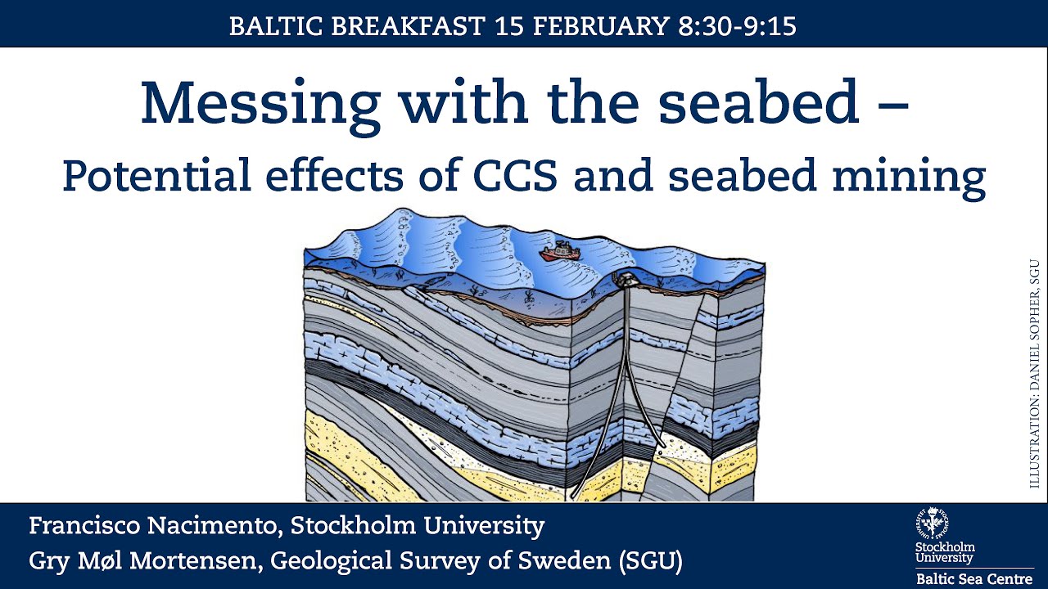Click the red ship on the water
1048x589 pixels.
click(561, 251)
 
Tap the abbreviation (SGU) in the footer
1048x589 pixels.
click(650, 562)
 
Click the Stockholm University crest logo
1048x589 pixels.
click(933, 524)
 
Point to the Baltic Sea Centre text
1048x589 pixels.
click(974, 578)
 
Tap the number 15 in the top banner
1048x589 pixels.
click(508, 26)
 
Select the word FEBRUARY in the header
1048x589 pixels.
click(601, 26)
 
